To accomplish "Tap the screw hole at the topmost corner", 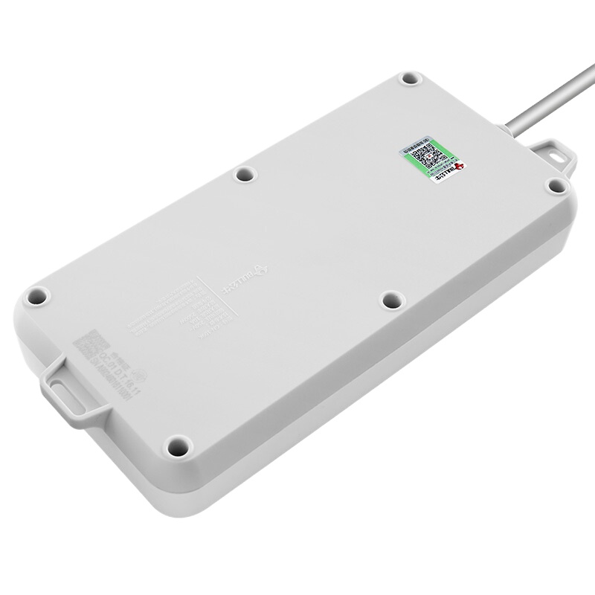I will [x=408, y=78].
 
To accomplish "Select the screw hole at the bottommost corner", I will [x=176, y=448].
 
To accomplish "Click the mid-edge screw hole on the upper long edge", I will [x=242, y=175].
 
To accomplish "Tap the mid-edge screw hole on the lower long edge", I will [x=389, y=300].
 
